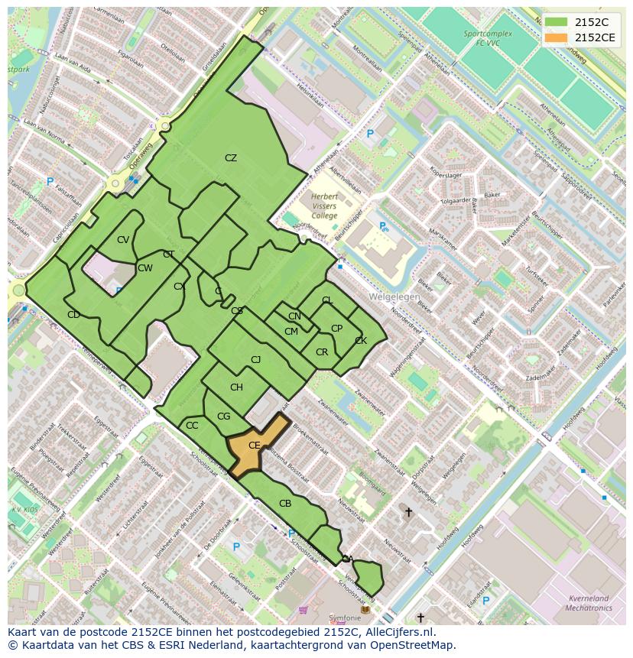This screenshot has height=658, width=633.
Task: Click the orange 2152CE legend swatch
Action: click(x=556, y=37)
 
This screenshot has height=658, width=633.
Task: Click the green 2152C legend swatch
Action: click(x=556, y=22)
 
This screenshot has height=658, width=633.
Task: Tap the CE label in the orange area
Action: click(x=255, y=445)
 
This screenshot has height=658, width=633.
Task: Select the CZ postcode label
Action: click(x=231, y=158)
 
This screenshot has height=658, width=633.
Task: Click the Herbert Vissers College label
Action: click(x=324, y=206)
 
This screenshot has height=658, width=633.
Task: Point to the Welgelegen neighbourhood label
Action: click(x=394, y=296)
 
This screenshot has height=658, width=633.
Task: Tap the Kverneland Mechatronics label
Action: click(x=590, y=604)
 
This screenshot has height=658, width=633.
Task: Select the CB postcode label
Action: click(x=285, y=504)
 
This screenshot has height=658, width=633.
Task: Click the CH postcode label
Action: click(x=236, y=387)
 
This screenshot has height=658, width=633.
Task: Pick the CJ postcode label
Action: click(x=256, y=359)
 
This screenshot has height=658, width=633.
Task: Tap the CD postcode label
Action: click(x=73, y=315)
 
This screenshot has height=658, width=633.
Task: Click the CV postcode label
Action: click(x=123, y=240)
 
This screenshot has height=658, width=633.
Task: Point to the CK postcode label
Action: click(x=361, y=341)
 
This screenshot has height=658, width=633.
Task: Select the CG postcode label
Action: click(x=224, y=417)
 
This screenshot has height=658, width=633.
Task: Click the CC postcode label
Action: click(x=192, y=426)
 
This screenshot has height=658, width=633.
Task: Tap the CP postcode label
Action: click(x=336, y=329)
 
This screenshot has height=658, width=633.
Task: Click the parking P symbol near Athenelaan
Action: click(x=370, y=135)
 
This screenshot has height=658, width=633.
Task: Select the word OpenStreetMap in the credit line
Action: click(x=414, y=645)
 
